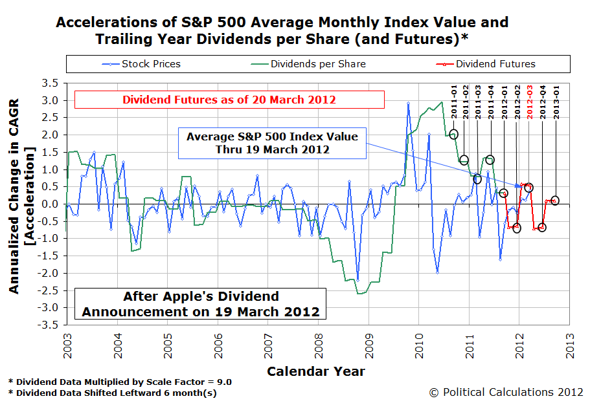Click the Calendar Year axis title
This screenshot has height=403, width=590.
(315, 371)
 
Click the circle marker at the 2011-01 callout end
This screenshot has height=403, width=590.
(453, 134)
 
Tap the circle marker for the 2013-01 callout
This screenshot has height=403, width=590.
(554, 201)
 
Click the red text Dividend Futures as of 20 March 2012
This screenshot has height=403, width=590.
(229, 100)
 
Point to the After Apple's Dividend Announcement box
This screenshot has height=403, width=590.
(200, 304)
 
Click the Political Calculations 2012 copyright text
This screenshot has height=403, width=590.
(506, 392)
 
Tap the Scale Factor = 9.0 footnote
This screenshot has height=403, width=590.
(120, 382)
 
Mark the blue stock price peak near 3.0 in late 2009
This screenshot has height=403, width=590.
(408, 103)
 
